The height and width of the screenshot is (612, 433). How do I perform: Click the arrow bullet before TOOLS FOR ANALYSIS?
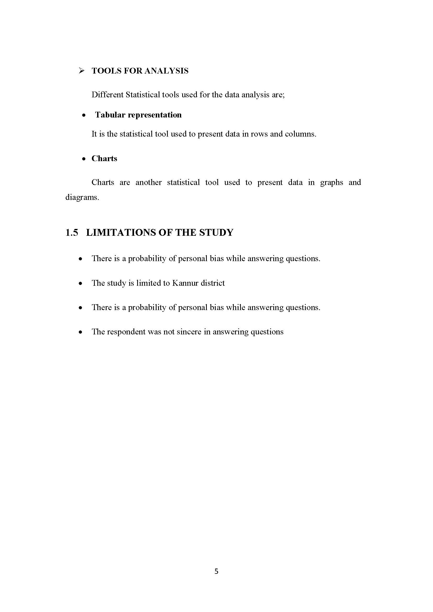pyautogui.click(x=82, y=71)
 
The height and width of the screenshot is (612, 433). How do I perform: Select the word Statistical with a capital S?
pyautogui.click(x=143, y=95)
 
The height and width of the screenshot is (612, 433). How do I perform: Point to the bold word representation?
pyautogui.click(x=155, y=115)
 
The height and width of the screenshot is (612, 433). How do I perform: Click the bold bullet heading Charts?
pyautogui.click(x=104, y=159)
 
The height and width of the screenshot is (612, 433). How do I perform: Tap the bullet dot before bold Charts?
pyautogui.click(x=84, y=159)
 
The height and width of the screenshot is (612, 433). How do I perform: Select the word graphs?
pyautogui.click(x=331, y=183)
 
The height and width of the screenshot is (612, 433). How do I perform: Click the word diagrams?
pyautogui.click(x=82, y=198)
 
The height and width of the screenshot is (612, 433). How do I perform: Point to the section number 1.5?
pyautogui.click(x=72, y=232)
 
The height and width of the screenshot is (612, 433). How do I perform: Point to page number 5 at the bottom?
pyautogui.click(x=216, y=571)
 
